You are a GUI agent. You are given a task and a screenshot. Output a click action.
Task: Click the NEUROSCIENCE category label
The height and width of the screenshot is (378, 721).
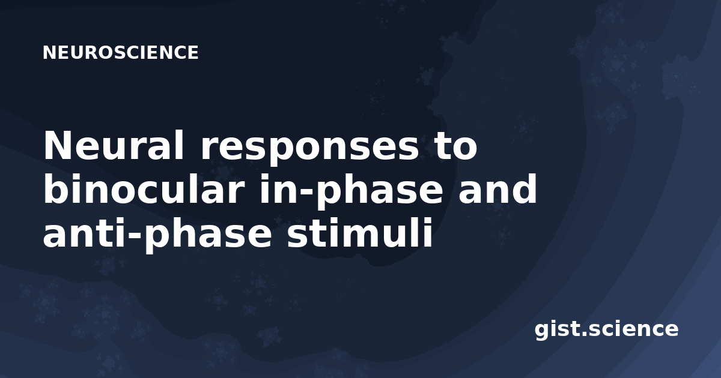(121, 53)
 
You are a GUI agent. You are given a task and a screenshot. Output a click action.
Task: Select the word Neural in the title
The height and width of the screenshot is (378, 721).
(114, 145)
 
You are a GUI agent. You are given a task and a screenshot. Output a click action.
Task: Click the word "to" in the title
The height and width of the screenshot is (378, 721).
(455, 146)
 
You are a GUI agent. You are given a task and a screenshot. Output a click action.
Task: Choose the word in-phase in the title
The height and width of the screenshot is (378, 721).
(351, 191)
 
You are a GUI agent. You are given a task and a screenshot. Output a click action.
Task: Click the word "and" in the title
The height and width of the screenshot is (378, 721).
(497, 188)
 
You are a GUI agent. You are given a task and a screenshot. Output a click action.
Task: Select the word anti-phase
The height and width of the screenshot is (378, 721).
(157, 235)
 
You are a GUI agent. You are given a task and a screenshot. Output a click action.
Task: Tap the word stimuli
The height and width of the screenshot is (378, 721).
(359, 232)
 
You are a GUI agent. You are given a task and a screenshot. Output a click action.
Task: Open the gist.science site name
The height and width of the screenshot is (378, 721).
(606, 330)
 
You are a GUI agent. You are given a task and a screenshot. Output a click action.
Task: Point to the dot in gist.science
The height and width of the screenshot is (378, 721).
(584, 335)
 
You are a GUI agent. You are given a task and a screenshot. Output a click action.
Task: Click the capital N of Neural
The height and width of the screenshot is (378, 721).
(56, 145)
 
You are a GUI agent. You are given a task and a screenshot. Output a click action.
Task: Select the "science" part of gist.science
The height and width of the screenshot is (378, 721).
(633, 329)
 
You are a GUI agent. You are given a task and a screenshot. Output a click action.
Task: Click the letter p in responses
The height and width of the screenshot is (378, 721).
(277, 152)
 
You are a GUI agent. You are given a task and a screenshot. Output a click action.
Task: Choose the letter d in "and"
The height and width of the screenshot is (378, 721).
(525, 188)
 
